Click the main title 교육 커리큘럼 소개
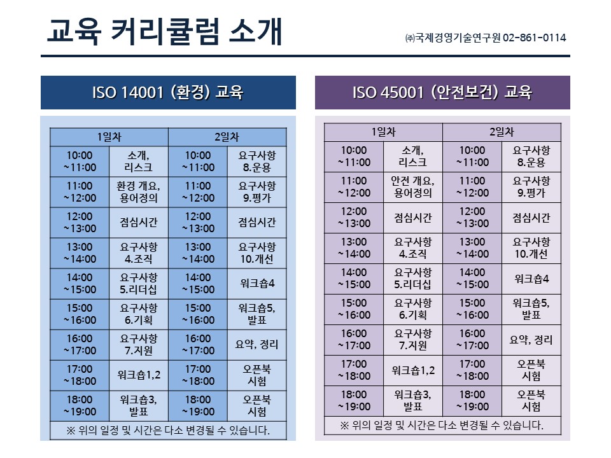[x=164, y=32]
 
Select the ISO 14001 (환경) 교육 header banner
[x=168, y=92]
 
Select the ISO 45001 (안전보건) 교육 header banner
[x=442, y=92]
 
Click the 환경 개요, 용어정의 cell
[x=139, y=192]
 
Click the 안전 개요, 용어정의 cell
[x=413, y=187]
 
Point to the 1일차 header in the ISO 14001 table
[x=109, y=137]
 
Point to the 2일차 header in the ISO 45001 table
[x=502, y=132]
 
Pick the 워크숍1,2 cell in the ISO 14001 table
[x=139, y=375]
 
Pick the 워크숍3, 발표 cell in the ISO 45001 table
[x=413, y=401]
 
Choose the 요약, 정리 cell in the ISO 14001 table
[x=257, y=345]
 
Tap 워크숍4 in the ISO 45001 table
[x=531, y=279]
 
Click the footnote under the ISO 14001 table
[x=168, y=431]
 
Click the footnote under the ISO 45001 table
[x=442, y=426]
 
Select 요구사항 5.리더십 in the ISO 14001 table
[x=139, y=284]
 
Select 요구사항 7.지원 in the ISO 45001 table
[x=413, y=340]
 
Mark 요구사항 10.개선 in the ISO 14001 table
[x=257, y=253]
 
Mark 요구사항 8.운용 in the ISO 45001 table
[x=531, y=156]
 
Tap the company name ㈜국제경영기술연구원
[x=453, y=38]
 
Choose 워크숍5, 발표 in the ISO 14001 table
[x=257, y=314]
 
